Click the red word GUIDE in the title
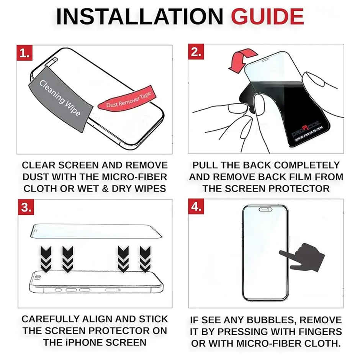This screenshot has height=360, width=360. [267, 16]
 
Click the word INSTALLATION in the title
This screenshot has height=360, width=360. [139, 16]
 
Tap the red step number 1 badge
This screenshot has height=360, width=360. [25, 53]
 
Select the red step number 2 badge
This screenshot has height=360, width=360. [196, 52]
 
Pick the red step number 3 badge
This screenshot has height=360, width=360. [26, 207]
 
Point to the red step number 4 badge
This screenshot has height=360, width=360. [196, 206]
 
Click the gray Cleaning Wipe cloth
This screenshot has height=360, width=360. [61, 99]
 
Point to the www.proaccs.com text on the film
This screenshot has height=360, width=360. [309, 134]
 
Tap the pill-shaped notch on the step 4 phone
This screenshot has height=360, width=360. [265, 209]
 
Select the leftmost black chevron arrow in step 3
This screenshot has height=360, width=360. [46, 259]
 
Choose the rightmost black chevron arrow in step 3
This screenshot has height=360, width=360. [145, 259]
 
